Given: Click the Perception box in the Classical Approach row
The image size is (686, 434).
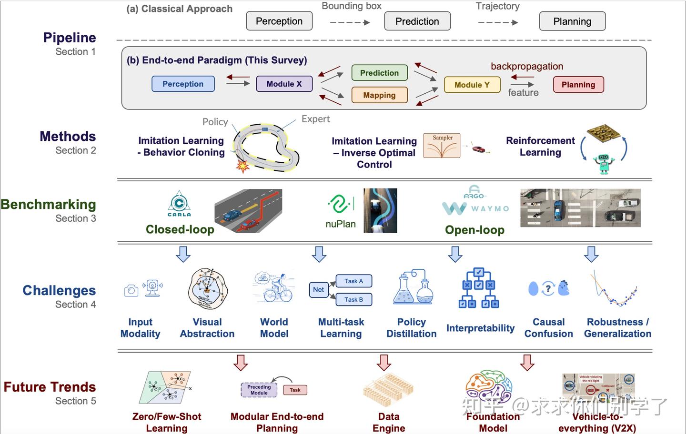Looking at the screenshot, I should [x=279, y=21].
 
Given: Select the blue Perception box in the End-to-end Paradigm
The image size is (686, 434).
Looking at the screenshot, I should [x=183, y=84].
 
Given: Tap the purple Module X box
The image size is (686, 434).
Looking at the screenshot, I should [x=284, y=84].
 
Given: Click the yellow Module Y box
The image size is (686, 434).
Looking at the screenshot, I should [x=472, y=85].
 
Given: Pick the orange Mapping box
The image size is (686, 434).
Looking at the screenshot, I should [x=379, y=95].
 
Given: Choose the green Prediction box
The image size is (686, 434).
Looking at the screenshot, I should [x=379, y=73].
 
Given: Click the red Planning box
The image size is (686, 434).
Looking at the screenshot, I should [x=578, y=85].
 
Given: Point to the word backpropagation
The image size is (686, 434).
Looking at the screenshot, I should [x=527, y=66].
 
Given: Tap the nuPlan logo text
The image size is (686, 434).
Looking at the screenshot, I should [x=340, y=224].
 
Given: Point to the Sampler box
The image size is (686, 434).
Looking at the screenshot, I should [x=442, y=146].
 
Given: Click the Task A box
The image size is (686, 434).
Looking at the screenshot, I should [x=353, y=281].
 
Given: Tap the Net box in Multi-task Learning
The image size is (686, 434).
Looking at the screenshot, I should [x=318, y=289].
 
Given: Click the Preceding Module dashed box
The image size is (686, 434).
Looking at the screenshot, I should [x=259, y=390].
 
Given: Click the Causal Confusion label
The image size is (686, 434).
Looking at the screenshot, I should [x=548, y=328].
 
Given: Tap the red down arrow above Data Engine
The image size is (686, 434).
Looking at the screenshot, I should [x=384, y=363].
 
